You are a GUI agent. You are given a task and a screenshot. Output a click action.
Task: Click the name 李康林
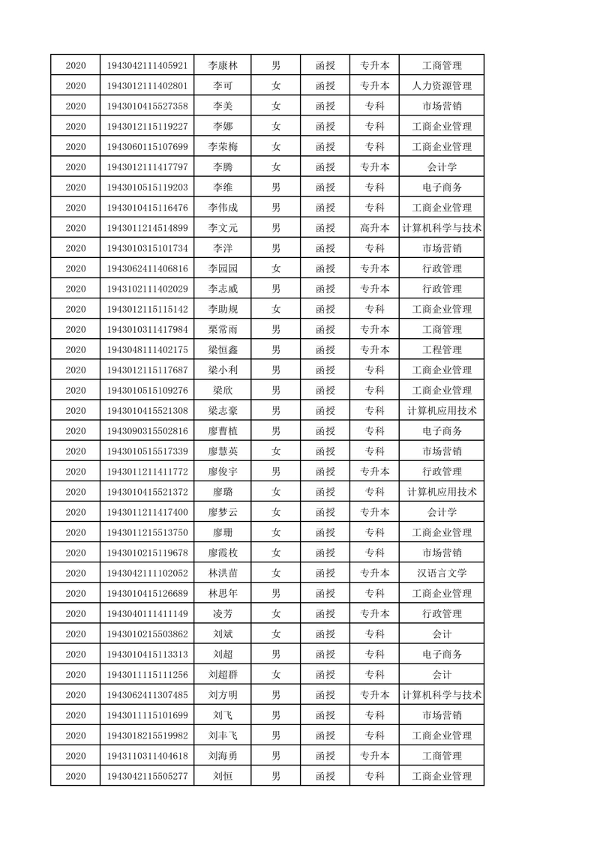(222, 65)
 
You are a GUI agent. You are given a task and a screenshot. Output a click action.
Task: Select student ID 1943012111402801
(147, 85)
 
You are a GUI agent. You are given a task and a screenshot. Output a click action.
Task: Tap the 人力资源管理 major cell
(442, 85)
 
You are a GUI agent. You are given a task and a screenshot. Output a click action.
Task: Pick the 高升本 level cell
(374, 228)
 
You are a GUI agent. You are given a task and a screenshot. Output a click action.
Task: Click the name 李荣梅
(222, 146)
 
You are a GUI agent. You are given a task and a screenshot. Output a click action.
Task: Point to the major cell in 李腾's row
(442, 166)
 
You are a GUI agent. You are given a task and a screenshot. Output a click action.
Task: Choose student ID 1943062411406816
(147, 268)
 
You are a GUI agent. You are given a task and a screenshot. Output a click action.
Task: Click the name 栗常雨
(222, 329)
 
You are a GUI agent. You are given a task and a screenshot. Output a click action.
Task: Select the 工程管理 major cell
(442, 349)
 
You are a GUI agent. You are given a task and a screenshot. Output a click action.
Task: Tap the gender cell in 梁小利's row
(276, 370)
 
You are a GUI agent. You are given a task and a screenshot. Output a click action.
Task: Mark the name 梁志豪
(222, 410)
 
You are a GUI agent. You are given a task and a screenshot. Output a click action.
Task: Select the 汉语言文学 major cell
(442, 573)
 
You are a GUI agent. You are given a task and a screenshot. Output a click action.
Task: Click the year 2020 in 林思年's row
(76, 593)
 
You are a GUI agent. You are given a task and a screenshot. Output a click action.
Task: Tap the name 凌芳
(222, 613)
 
